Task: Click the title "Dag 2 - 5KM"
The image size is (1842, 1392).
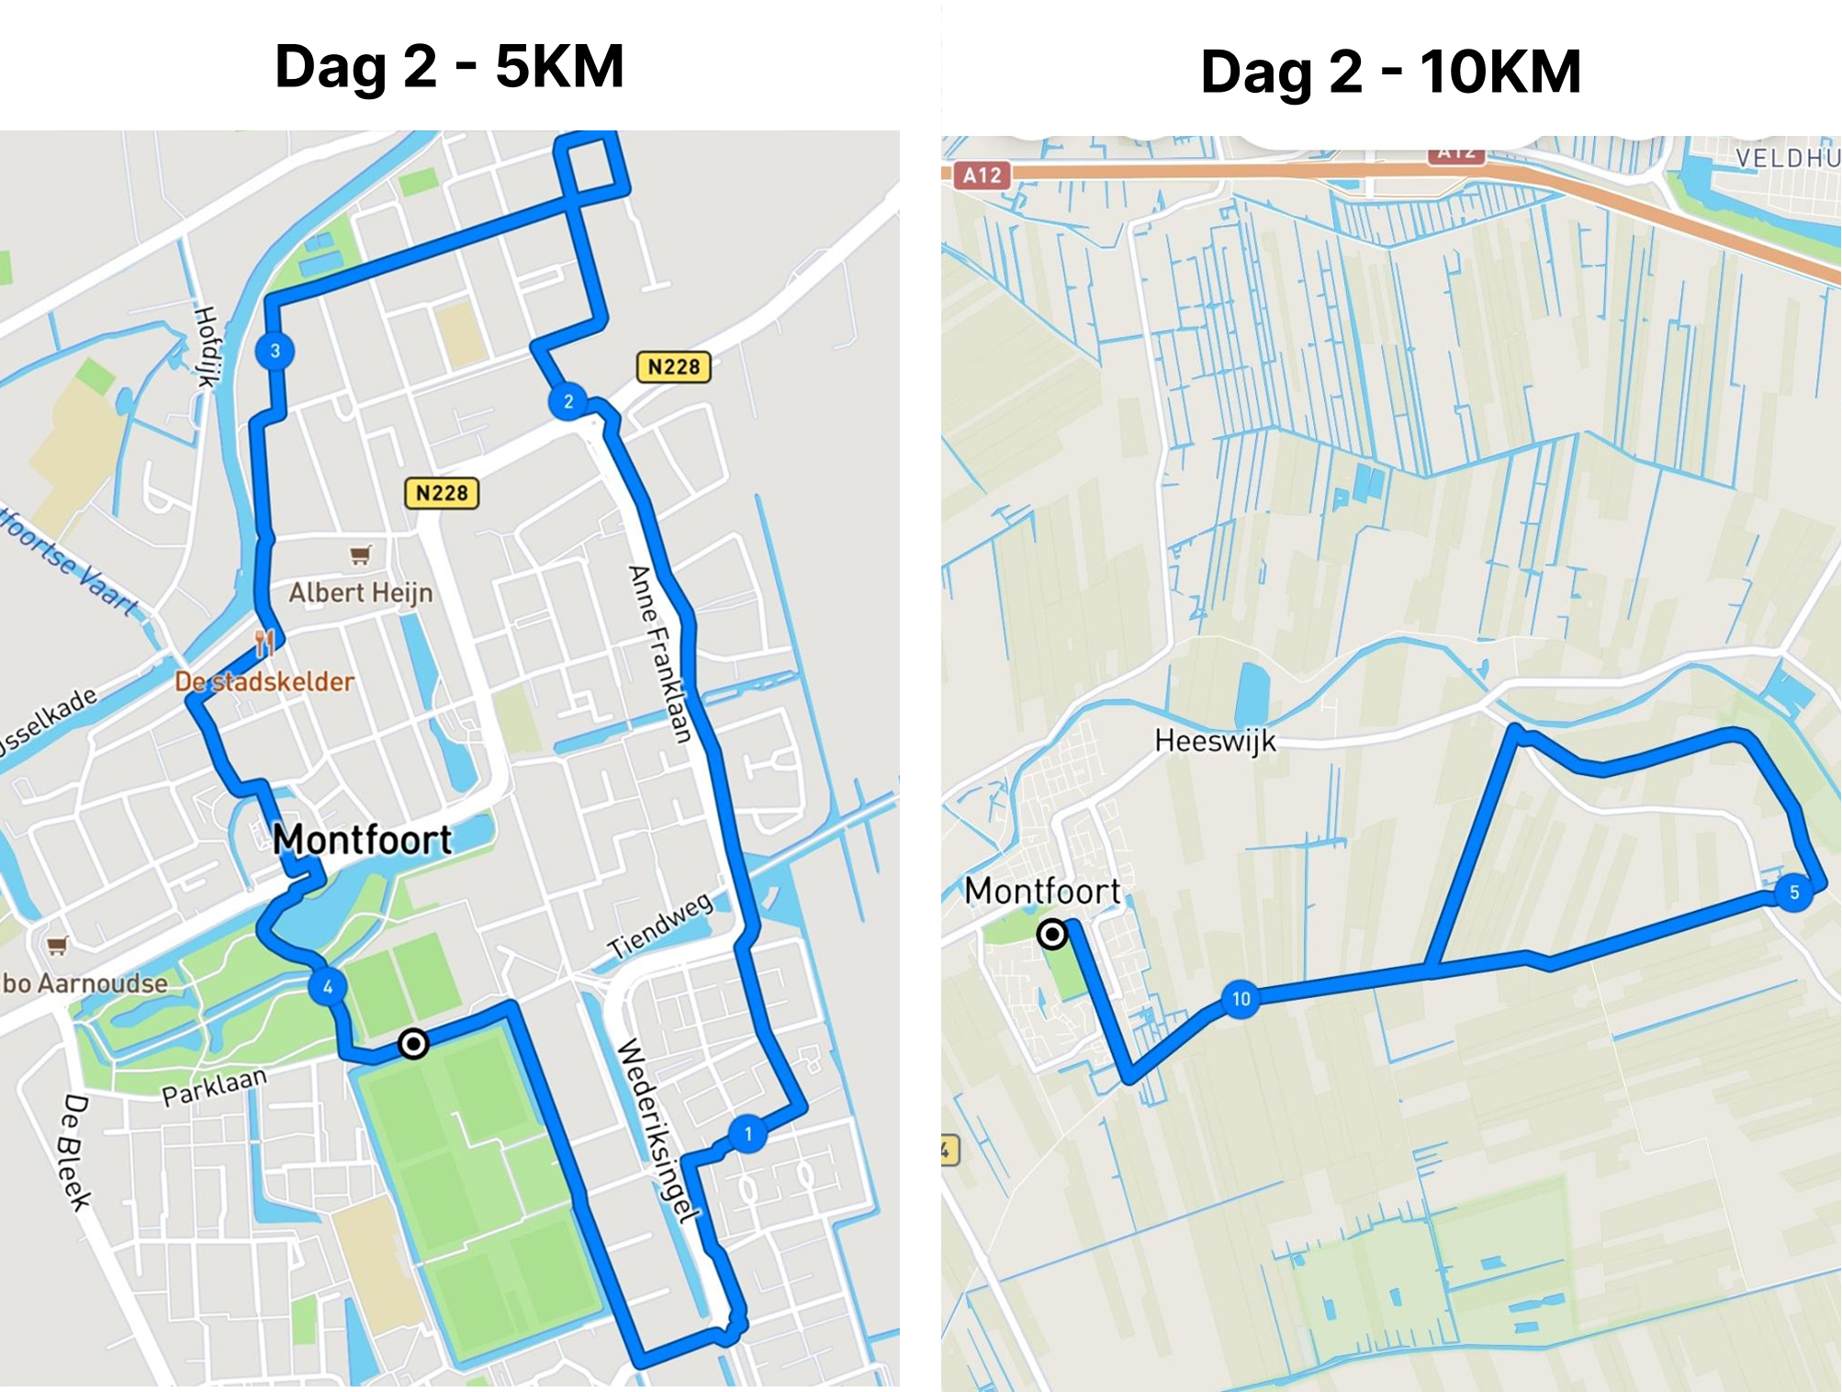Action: (x=449, y=67)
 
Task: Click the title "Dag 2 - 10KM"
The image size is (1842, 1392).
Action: (x=1390, y=72)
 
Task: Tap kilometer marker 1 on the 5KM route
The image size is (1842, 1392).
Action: (x=748, y=1134)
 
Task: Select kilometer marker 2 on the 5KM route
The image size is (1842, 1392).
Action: (x=568, y=401)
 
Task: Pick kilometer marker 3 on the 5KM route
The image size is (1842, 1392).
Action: (x=275, y=351)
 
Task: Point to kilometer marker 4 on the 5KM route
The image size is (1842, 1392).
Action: (x=328, y=987)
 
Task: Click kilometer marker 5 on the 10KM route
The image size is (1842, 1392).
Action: (x=1793, y=892)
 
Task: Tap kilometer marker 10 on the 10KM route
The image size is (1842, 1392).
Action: (x=1241, y=999)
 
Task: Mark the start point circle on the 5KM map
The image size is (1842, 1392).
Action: (x=413, y=1044)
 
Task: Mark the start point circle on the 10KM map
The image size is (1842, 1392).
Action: (x=1052, y=935)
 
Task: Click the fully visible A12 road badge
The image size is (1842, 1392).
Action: (x=982, y=175)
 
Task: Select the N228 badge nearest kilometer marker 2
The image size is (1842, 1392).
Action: (x=673, y=367)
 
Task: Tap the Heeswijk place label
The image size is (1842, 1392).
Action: (x=1215, y=741)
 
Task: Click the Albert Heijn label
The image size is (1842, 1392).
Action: (x=361, y=593)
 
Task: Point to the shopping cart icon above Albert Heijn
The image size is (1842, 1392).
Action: (x=361, y=555)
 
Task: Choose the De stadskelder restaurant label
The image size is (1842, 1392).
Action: (x=264, y=682)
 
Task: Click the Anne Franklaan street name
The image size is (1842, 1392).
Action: (x=659, y=654)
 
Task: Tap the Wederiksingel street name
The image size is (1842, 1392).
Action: (x=656, y=1130)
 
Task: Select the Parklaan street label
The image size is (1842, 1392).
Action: (x=215, y=1088)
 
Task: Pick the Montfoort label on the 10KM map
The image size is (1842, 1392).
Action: (x=1042, y=891)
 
